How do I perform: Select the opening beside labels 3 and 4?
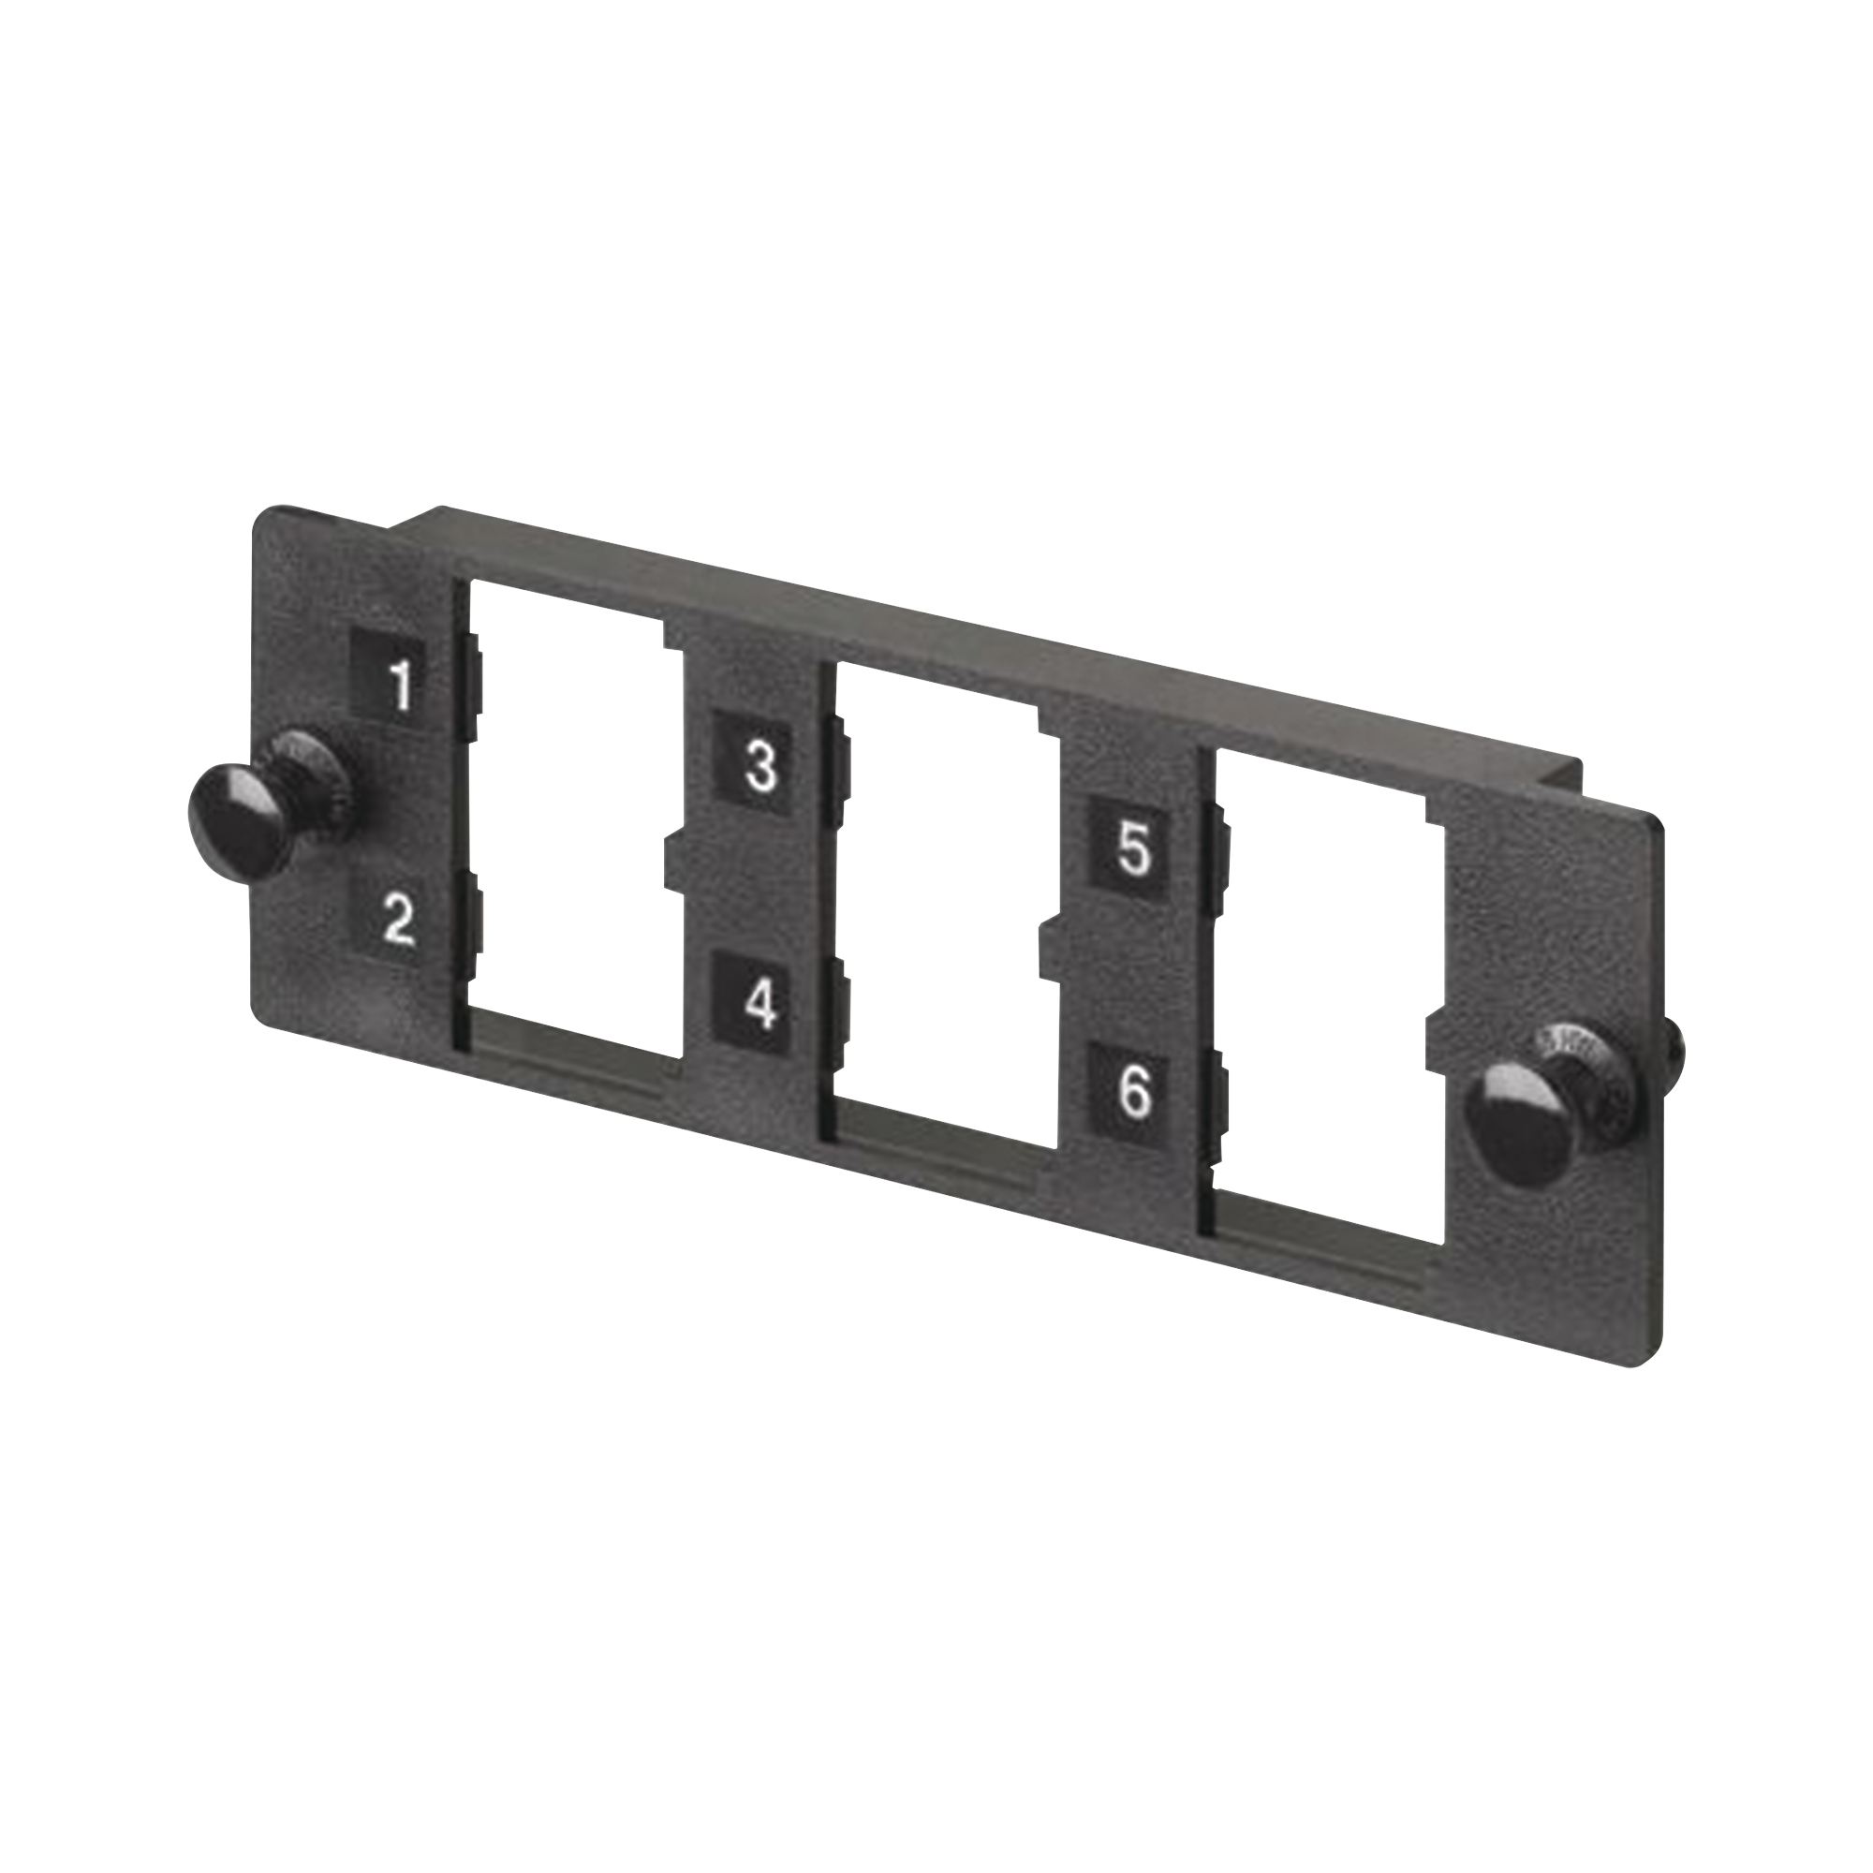(x=940, y=902)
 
